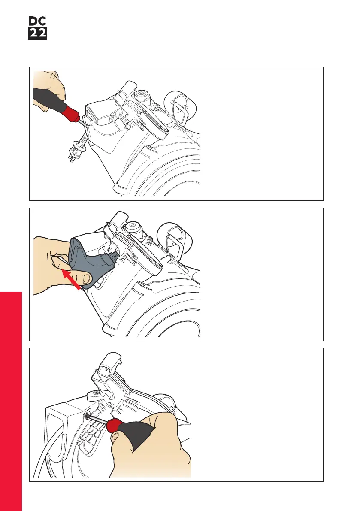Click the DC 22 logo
click(x=38, y=28)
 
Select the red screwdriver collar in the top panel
click(x=71, y=113)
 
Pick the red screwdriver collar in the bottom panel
click(x=115, y=426)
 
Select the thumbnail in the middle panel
click(x=86, y=278)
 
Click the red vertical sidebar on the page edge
click(x=11, y=401)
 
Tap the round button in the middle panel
click(x=133, y=226)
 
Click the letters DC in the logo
click(x=38, y=21)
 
